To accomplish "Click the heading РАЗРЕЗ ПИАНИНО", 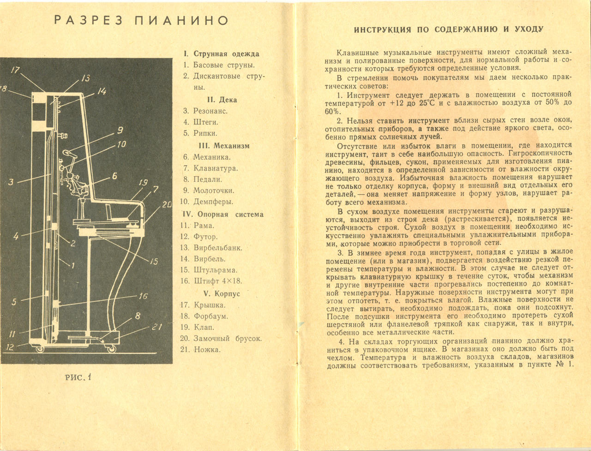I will tap(141, 20).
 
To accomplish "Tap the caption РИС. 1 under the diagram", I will tap(78, 377).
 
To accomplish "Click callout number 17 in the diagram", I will tap(16, 70).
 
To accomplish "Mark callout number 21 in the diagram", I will tap(157, 327).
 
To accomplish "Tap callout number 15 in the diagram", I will tap(154, 261).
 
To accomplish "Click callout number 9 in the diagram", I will tap(120, 130).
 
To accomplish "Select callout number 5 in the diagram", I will tap(14, 302).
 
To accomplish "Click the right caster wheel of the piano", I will tap(111, 349).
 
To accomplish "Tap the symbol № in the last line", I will tap(560, 365).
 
